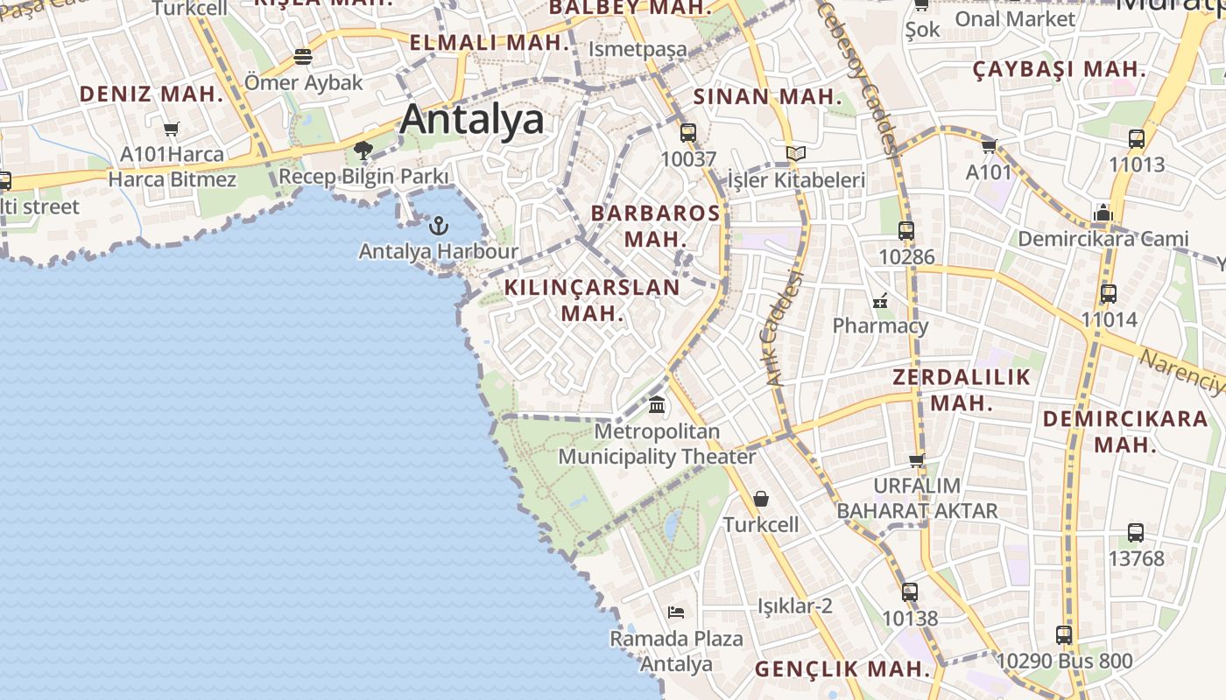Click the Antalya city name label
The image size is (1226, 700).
pos(472,120)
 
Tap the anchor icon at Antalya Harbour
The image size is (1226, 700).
pos(438,227)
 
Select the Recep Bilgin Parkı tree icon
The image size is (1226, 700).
pos(363,151)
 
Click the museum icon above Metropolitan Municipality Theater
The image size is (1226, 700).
pos(657,405)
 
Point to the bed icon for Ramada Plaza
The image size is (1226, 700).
pos(675,612)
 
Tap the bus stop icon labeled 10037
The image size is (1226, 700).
pos(688,133)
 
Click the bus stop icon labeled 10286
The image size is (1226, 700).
pos(906,231)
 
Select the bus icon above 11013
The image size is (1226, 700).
pos(1137,138)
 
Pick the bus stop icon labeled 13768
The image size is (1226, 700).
pos(1136,532)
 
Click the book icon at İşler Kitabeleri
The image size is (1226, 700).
pos(795,154)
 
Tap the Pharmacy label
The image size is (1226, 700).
pos(880,326)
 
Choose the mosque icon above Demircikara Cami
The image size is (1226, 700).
pos(1103,213)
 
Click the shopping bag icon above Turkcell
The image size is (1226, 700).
pos(761,499)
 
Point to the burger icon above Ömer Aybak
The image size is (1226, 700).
pos(303,57)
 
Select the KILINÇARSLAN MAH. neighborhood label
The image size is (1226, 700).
pos(592,299)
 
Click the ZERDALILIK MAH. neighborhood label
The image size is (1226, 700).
pos(962,390)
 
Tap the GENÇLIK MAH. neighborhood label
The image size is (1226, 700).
pos(842,669)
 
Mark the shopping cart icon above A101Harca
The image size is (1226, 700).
pos(172,129)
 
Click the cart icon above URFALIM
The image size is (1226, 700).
pos(917,460)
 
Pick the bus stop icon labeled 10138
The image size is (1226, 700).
pos(910,592)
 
